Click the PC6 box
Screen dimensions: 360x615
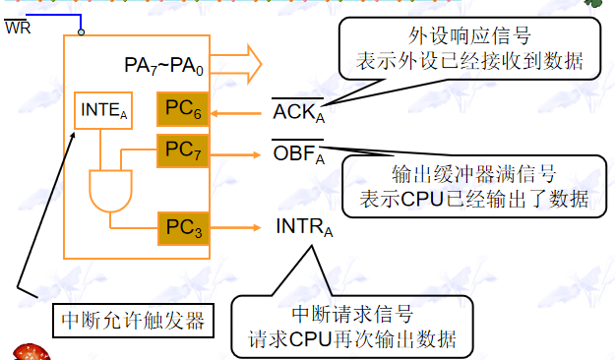[182, 108]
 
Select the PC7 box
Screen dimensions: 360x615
[182, 151]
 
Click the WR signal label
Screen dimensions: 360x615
[17, 27]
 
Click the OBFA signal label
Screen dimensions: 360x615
[299, 154]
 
